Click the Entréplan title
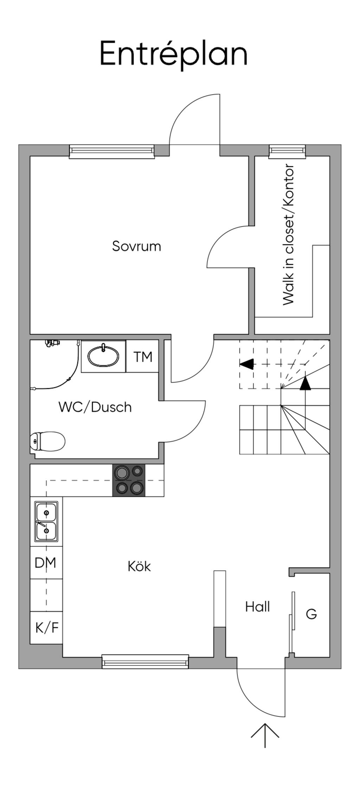pyautogui.click(x=174, y=53)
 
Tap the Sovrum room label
pyautogui.click(x=136, y=246)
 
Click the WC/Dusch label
pyautogui.click(x=95, y=407)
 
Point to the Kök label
pyautogui.click(x=139, y=566)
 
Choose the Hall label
pyautogui.click(x=257, y=607)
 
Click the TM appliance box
pyautogui.click(x=143, y=357)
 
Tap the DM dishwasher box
pyautogui.click(x=46, y=563)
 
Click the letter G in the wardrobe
pyautogui.click(x=311, y=614)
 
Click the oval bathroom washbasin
pyautogui.click(x=103, y=356)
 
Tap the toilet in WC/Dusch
pyautogui.click(x=48, y=441)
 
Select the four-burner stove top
pyautogui.click(x=129, y=480)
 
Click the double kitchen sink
pyautogui.click(x=46, y=521)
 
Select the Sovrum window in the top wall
pyautogui.click(x=112, y=151)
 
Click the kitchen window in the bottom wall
pyautogui.click(x=145, y=661)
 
